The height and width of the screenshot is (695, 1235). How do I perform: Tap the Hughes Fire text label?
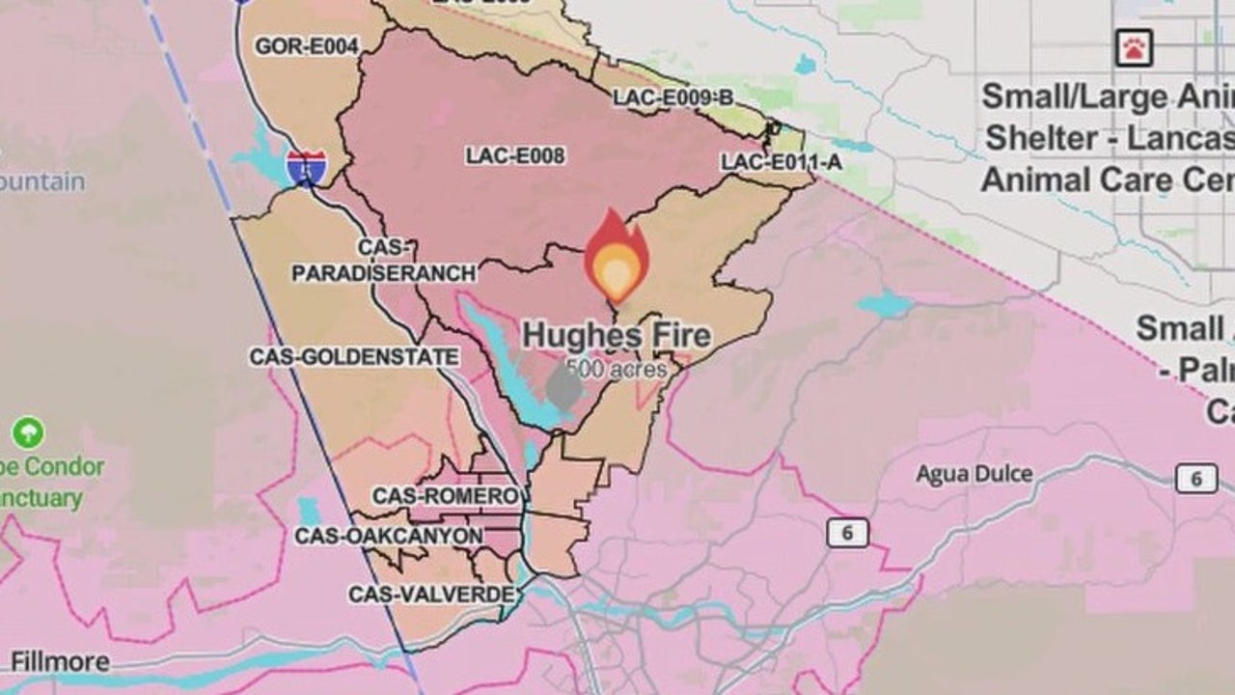(x=617, y=336)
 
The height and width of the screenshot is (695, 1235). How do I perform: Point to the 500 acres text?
(x=617, y=369)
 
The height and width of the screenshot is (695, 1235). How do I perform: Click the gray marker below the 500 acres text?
(x=564, y=388)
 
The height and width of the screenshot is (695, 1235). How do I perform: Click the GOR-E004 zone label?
(x=307, y=46)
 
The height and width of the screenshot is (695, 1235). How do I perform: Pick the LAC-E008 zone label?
(x=515, y=155)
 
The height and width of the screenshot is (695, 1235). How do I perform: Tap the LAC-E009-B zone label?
(x=673, y=97)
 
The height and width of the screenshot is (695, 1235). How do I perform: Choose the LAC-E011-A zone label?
(x=782, y=162)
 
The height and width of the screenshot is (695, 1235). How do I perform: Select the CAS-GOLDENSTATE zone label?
(x=354, y=356)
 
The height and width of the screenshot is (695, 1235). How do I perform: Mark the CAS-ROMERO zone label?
(x=446, y=496)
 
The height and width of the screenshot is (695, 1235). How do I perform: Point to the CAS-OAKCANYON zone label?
(x=389, y=536)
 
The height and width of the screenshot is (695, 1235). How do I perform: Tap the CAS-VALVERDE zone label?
(x=431, y=594)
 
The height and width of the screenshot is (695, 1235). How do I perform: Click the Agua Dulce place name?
(x=974, y=474)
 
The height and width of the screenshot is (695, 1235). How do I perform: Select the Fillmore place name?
(x=60, y=662)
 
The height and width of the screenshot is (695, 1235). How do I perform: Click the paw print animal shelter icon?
(x=1134, y=47)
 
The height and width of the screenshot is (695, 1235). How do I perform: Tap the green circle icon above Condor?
(x=28, y=431)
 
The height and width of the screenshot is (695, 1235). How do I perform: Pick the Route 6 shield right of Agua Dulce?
(x=1196, y=478)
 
